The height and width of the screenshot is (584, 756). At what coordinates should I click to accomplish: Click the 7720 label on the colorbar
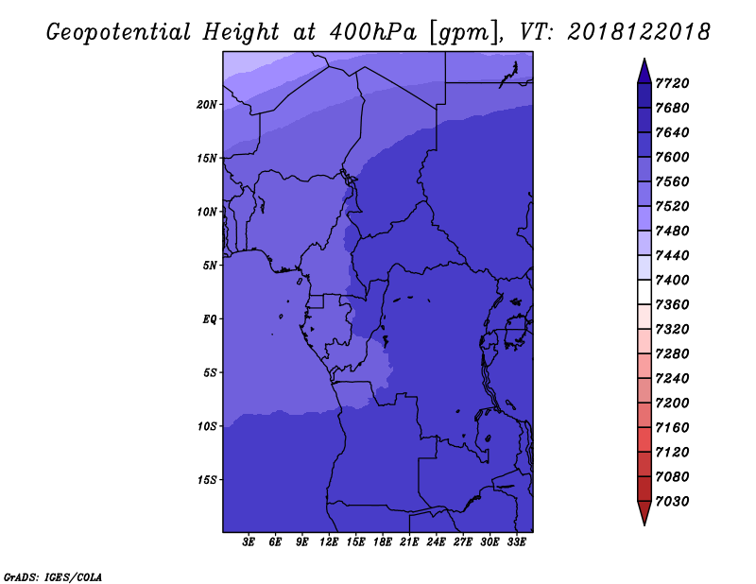(672, 83)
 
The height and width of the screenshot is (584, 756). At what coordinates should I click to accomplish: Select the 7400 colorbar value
(672, 280)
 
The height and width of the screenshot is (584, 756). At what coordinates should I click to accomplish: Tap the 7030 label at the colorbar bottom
(672, 502)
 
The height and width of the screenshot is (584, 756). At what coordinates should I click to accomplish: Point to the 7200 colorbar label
(672, 404)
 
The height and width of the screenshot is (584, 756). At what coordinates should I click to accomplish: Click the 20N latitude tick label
(207, 105)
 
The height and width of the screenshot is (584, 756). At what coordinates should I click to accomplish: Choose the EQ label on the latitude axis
(210, 319)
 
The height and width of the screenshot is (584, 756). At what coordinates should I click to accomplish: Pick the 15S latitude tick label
(207, 480)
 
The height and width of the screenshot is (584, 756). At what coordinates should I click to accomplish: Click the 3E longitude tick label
(249, 542)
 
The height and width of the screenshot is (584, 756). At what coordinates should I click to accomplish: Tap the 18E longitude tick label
(383, 542)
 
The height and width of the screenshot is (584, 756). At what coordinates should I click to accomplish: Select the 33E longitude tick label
(516, 542)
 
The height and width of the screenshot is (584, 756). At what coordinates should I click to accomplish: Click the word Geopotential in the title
(119, 33)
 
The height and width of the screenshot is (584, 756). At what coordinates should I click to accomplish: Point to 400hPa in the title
(372, 32)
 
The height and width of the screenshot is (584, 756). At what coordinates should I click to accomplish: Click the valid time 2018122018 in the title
(639, 32)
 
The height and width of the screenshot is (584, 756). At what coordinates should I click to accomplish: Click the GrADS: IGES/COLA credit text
(53, 577)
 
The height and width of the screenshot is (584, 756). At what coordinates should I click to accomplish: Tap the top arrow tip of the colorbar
(644, 59)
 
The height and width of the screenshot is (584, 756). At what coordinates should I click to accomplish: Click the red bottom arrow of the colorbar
(644, 512)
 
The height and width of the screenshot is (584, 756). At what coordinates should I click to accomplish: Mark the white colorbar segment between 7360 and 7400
(644, 292)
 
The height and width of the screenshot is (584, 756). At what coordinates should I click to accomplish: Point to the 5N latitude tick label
(210, 266)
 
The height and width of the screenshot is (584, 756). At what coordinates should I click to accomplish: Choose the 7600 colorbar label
(672, 157)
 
